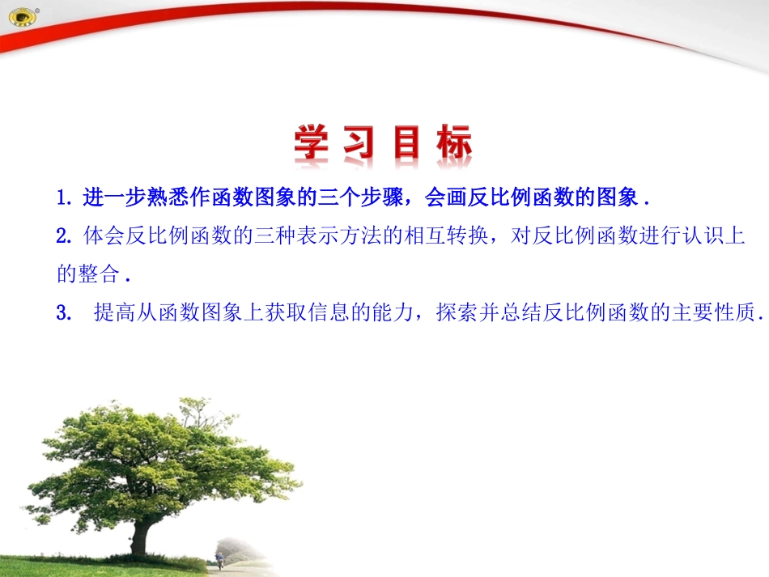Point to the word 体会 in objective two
[102, 236]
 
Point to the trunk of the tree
[142, 534]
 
